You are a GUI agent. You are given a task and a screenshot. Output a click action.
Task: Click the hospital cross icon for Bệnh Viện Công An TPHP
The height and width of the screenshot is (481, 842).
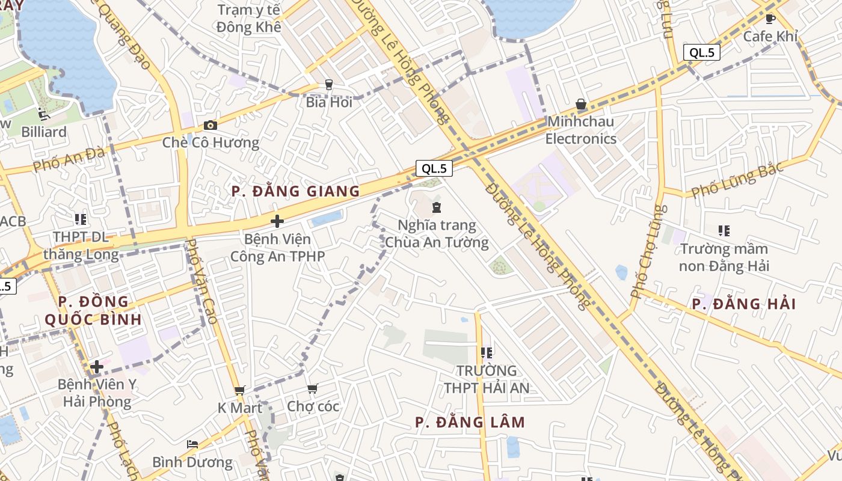pos(277,221)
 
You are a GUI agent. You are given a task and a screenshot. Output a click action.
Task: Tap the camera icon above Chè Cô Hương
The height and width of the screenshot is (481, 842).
pos(210,125)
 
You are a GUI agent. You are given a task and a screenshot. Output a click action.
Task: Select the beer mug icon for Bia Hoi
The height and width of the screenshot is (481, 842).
pos(329,85)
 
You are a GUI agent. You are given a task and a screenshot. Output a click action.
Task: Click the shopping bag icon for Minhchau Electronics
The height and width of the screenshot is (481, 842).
pos(581,105)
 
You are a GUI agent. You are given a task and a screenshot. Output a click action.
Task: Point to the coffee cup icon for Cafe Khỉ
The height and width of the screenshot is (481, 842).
pos(770,19)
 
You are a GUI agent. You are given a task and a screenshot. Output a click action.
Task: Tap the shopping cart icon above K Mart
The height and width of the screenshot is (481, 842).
pos(240,391)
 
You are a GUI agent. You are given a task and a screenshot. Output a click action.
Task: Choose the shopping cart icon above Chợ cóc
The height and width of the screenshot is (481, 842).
pos(312,390)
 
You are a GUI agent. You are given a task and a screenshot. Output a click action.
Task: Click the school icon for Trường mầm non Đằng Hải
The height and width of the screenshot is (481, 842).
pos(724,230)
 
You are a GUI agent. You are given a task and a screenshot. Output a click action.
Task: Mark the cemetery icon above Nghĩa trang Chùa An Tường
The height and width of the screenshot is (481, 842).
pos(437,208)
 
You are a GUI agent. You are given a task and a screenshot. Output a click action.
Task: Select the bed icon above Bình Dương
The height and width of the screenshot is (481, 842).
pos(192,444)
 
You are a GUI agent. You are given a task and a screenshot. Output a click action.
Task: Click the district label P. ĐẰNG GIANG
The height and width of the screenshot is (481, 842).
pos(296,192)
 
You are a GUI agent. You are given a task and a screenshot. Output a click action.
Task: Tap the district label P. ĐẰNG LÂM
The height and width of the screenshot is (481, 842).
pos(470,423)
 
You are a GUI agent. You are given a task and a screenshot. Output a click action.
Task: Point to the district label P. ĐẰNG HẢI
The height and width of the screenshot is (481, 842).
pos(743,304)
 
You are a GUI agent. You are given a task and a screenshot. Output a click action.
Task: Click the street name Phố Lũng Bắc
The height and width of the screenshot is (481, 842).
pos(737,180)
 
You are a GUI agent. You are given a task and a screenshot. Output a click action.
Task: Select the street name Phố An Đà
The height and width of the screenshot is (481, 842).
pos(69,159)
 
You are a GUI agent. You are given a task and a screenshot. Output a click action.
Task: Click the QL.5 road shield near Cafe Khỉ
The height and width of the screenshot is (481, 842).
pos(702,52)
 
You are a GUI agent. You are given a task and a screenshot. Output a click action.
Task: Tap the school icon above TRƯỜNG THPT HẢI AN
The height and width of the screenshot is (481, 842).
pos(487,352)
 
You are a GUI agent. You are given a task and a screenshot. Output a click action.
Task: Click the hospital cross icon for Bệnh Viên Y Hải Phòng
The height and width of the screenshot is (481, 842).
pos(97,366)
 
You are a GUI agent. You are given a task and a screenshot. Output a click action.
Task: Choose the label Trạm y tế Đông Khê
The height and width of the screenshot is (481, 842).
pos(249,19)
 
